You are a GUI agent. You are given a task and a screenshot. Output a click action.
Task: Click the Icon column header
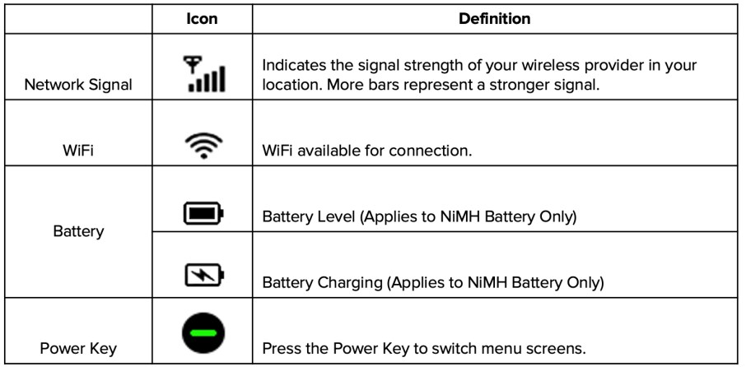[x=202, y=18]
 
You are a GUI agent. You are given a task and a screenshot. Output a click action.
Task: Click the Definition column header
[x=494, y=18]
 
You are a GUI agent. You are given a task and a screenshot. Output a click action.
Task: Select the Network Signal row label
[x=78, y=85]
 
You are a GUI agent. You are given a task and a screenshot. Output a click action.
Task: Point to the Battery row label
[x=78, y=231]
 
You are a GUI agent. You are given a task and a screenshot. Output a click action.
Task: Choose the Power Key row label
[x=78, y=347]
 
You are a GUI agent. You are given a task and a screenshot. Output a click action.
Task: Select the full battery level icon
[x=203, y=214]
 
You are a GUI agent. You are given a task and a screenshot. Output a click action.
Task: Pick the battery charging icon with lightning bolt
[x=203, y=274]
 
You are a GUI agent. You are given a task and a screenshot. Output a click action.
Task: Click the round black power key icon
[x=203, y=332]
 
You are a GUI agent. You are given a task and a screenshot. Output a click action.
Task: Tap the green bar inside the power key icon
[x=203, y=332]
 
